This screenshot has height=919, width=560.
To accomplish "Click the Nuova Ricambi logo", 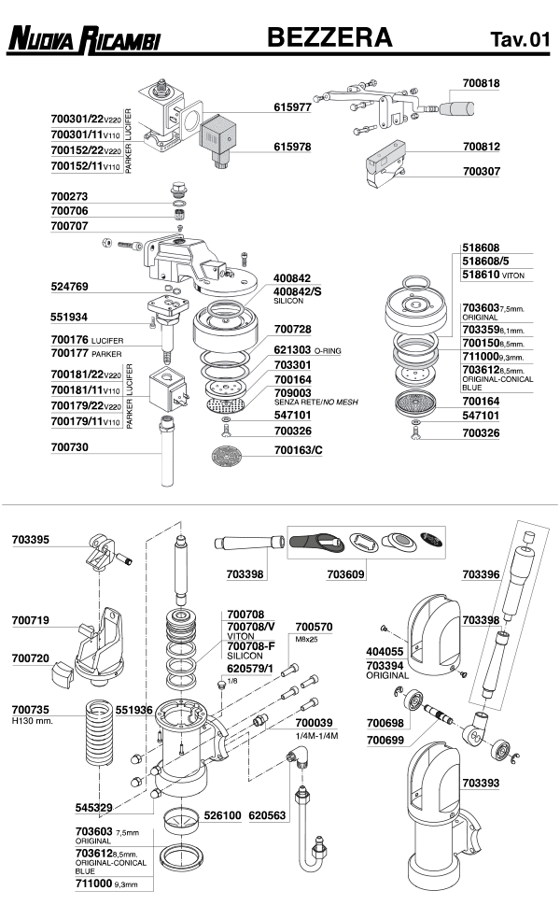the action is coord(84,39).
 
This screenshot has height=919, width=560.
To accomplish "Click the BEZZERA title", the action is coord(329,37).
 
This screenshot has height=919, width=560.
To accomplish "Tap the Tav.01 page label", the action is coord(520,39).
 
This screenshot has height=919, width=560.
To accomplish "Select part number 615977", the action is coord(292,107).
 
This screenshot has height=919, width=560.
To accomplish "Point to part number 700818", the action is coord(481,83).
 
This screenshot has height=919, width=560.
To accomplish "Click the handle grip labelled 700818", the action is coord(457,109).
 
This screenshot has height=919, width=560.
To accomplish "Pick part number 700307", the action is coord(481,171).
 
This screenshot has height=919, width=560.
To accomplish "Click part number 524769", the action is coord(69,287).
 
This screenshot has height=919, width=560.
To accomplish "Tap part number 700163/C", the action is coord(298,450).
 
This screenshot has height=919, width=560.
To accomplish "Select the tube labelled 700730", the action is coord(167,451).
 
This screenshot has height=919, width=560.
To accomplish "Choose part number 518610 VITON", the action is coord(493,275).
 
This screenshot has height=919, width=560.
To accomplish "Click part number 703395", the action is coord(31,540).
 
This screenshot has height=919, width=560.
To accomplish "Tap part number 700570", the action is coord(314,627).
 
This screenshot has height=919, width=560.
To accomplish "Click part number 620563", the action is coord(267,815).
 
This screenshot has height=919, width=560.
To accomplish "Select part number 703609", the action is coord(345,574).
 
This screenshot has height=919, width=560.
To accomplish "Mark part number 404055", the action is coord(385,652).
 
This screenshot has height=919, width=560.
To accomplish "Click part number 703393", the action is coord(481,783).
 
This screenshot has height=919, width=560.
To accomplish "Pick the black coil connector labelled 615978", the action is coord(218,141).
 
